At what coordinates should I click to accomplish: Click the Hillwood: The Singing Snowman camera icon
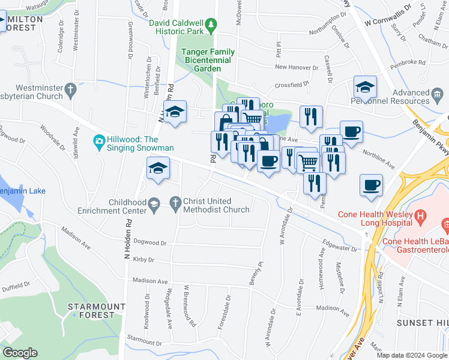[x=98, y=142]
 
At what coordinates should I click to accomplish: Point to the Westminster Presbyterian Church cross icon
[x=71, y=91]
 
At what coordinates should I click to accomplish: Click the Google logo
[x=20, y=353]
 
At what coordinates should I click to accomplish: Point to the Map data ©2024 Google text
[x=412, y=355]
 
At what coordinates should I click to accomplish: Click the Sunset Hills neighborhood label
[x=423, y=323]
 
